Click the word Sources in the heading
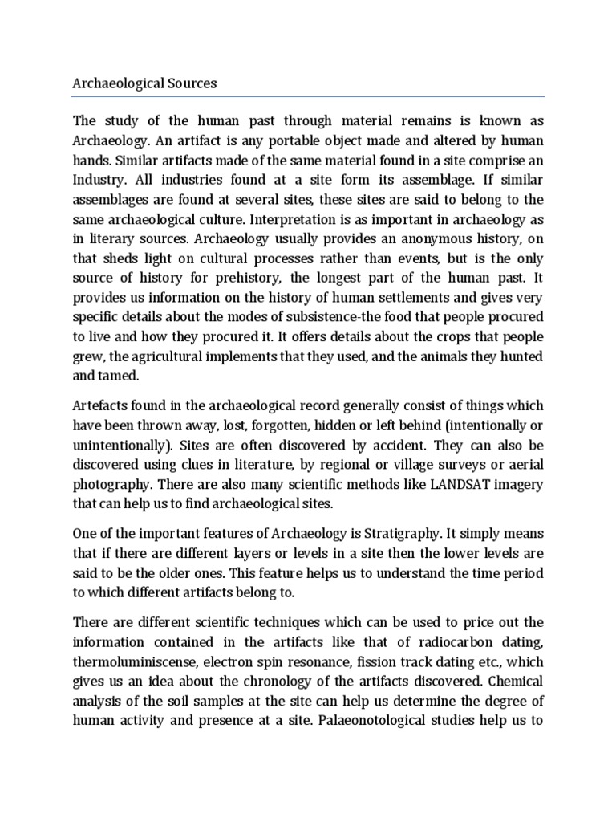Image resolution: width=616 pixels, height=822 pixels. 188,83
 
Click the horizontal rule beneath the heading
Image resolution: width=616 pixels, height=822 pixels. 308,96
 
